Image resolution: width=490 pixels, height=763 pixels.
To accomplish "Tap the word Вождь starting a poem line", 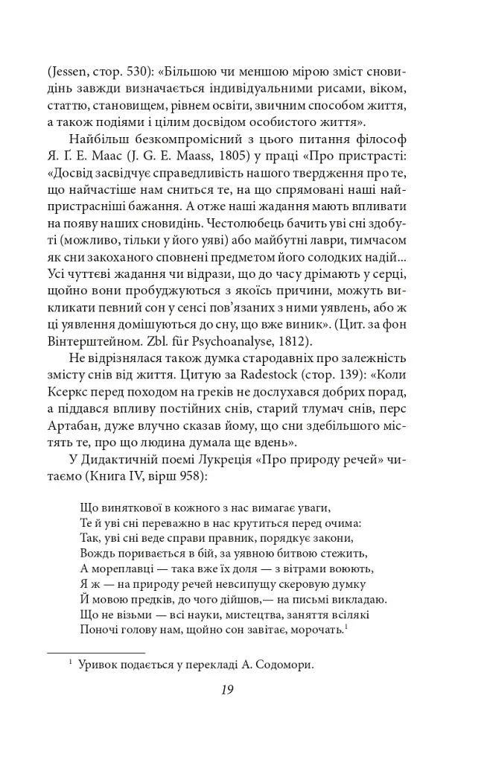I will (x=93, y=553).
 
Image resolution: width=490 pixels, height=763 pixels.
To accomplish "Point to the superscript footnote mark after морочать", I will (x=348, y=628).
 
